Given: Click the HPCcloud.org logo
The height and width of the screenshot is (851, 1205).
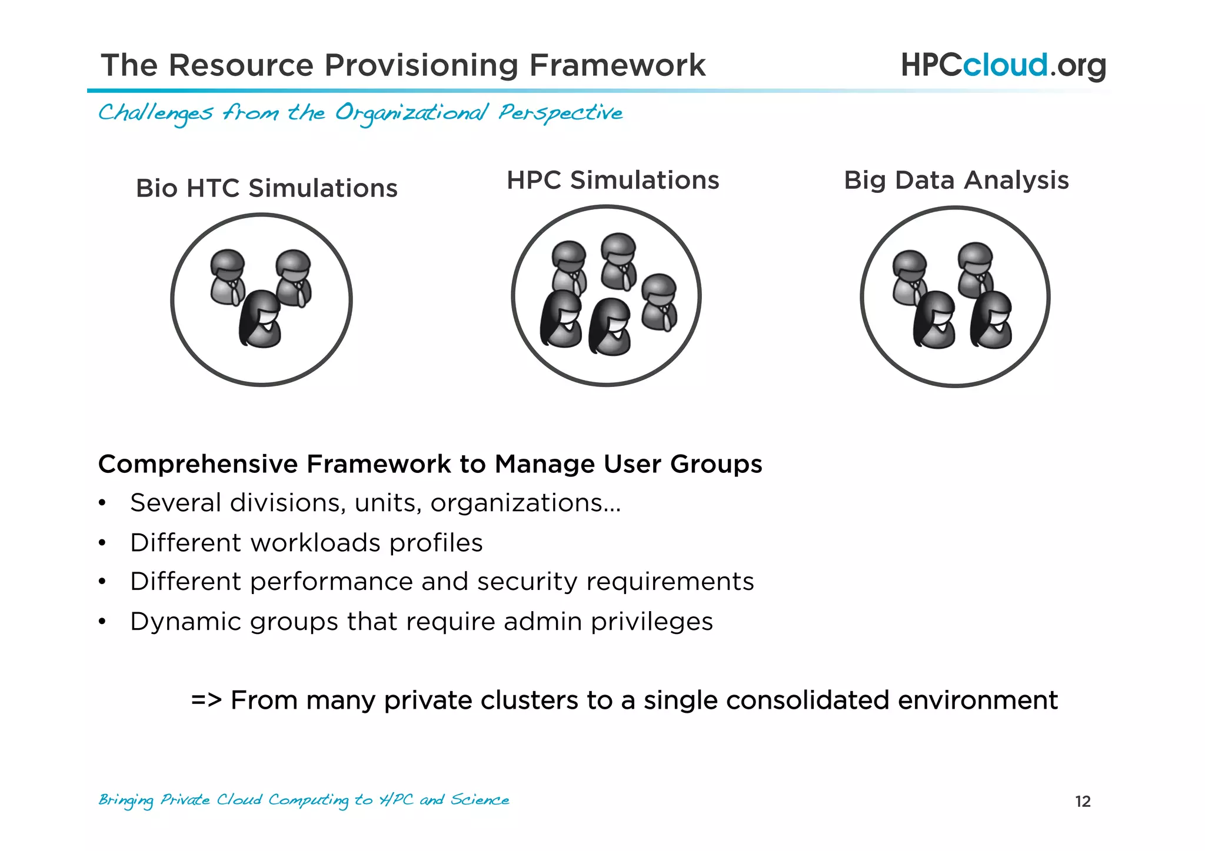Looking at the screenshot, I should click(1003, 65).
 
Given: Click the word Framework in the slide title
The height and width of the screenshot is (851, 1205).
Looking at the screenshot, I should click(617, 65).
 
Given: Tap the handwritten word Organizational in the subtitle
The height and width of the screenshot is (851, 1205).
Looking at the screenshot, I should click(411, 113).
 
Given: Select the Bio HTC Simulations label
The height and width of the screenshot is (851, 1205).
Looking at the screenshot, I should click(267, 189).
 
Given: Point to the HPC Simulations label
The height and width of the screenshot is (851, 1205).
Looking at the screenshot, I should click(613, 181).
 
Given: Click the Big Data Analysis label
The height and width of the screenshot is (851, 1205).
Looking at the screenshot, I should click(956, 181).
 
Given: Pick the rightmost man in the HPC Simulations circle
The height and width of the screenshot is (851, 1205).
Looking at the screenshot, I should click(659, 302).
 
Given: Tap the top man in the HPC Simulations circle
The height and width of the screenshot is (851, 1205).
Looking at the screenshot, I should click(618, 261).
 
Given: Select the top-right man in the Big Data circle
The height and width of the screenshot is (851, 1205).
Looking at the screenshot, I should click(976, 269).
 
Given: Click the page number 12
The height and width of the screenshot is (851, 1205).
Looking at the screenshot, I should click(1083, 802).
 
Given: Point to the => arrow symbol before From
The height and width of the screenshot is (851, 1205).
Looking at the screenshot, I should click(206, 700).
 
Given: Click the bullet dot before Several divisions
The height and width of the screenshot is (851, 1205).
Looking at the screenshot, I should click(102, 504).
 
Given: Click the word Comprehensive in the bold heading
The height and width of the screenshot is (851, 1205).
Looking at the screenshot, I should click(198, 464).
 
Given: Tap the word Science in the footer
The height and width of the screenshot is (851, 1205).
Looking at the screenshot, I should click(480, 800).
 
